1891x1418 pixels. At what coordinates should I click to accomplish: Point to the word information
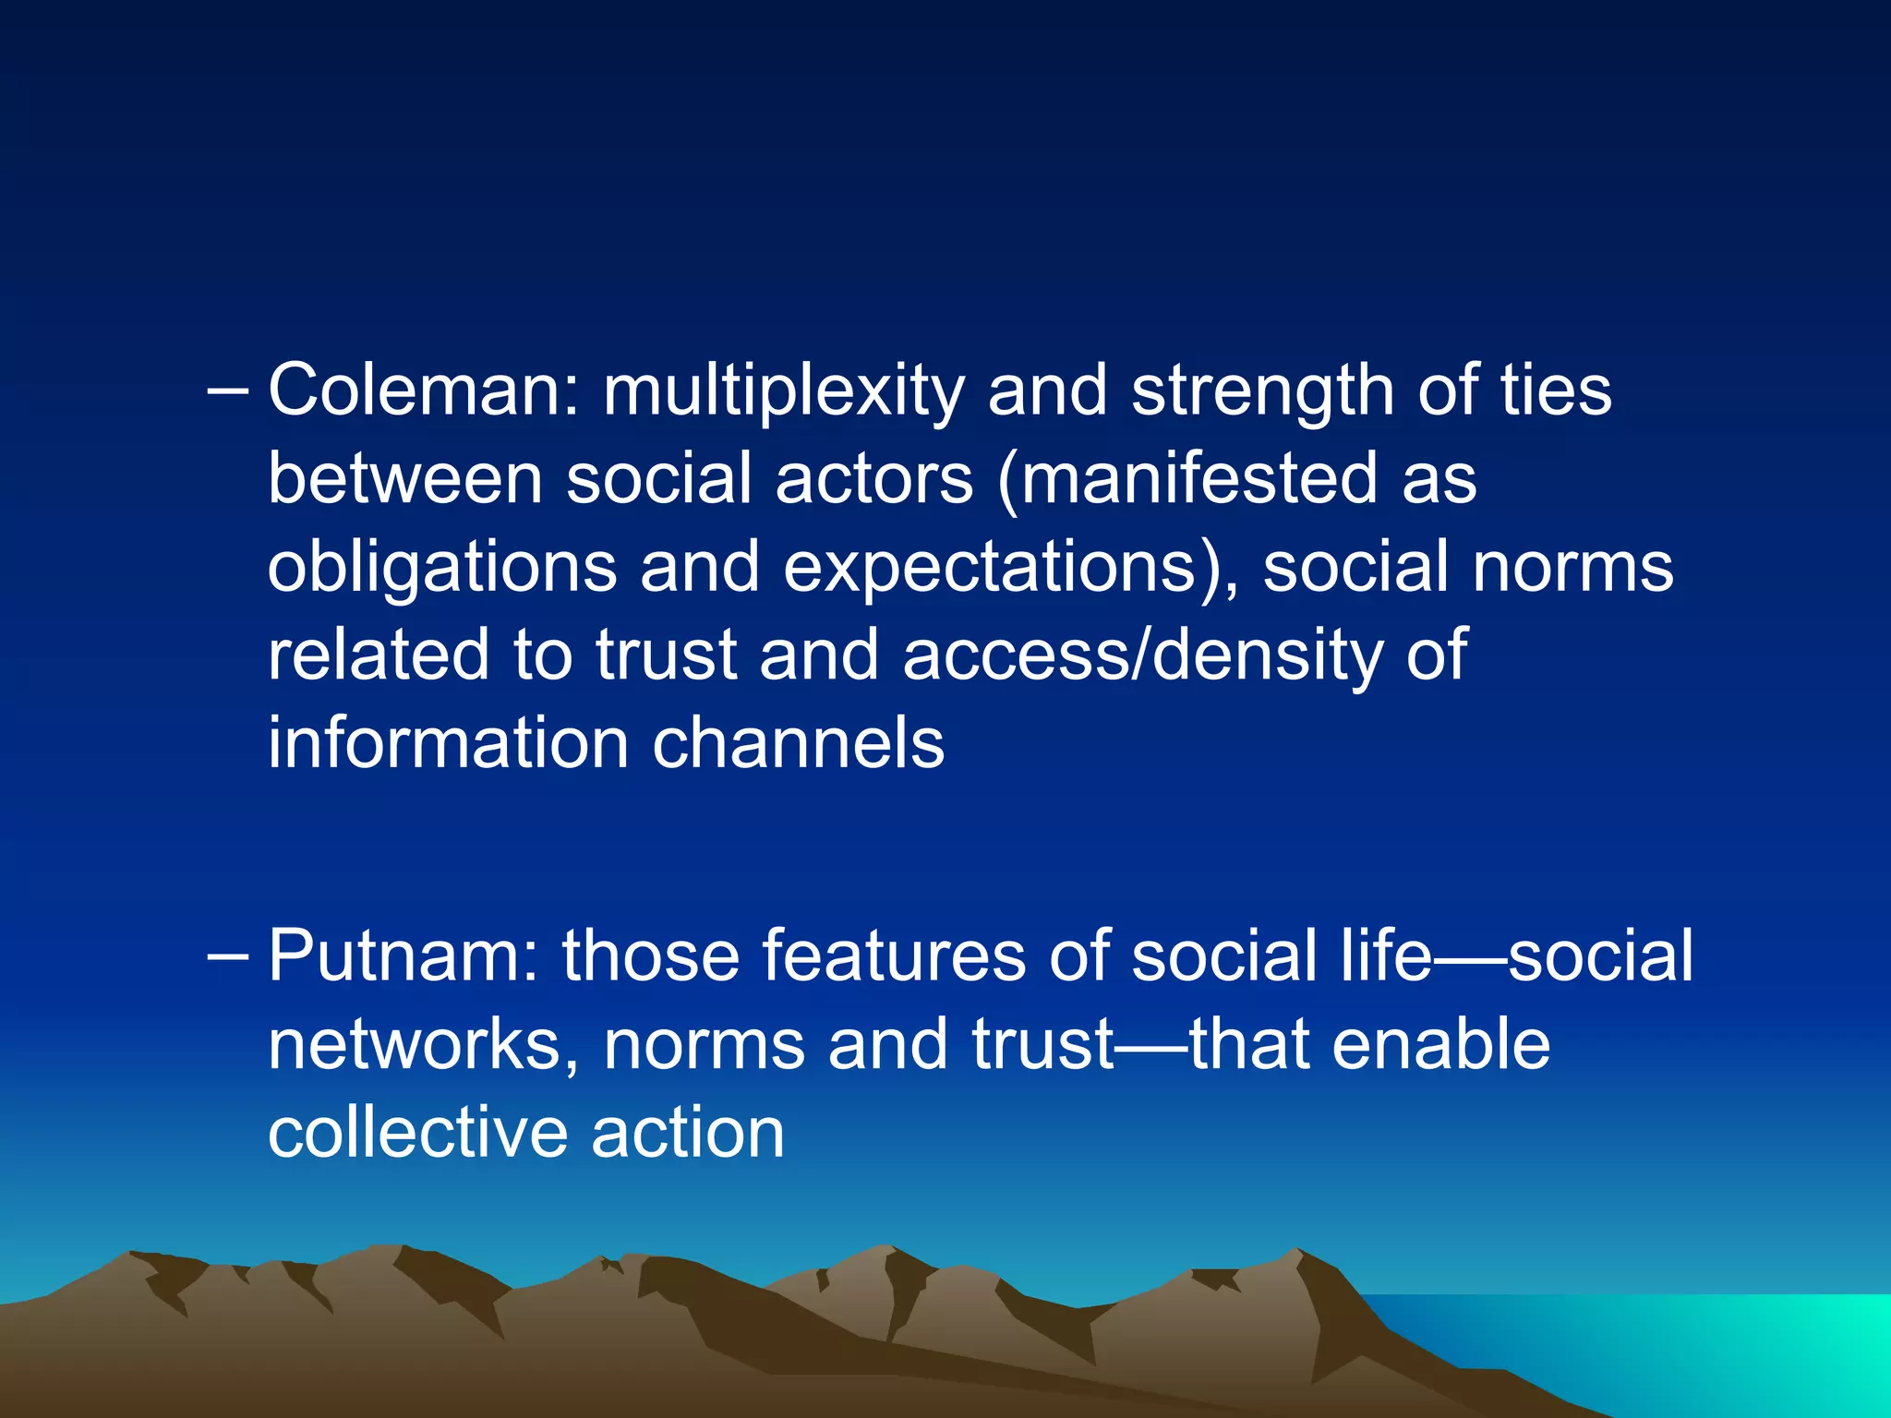(x=449, y=744)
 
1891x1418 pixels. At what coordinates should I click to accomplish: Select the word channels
(x=799, y=744)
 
